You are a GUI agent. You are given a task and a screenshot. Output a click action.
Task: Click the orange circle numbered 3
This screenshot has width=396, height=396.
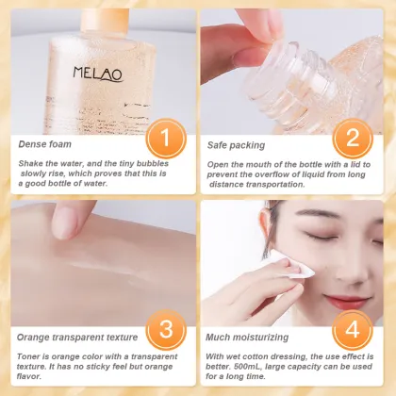click(x=166, y=330)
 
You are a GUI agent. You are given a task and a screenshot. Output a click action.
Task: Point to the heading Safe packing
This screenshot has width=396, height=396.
click(x=236, y=145)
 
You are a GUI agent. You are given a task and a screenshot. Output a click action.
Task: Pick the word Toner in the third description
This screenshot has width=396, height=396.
click(x=29, y=354)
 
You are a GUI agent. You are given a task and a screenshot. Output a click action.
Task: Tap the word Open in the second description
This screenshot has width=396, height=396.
click(x=218, y=163)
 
